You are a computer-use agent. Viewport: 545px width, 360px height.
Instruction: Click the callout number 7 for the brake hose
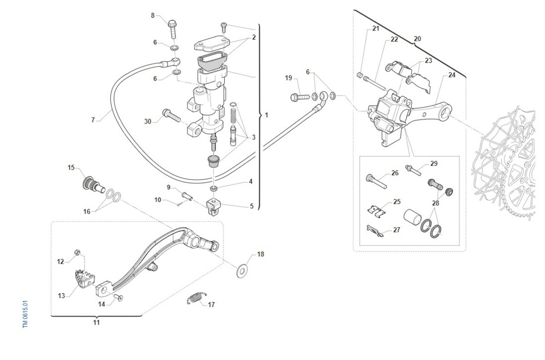pyautogui.click(x=93, y=120)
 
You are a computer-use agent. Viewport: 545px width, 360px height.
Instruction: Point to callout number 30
pyautogui.click(x=148, y=121)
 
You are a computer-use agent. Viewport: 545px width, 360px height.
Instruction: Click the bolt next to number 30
pyautogui.click(x=170, y=115)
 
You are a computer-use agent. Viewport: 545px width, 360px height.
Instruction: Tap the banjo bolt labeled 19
pyautogui.click(x=300, y=96)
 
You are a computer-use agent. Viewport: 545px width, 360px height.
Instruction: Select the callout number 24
pyautogui.click(x=451, y=75)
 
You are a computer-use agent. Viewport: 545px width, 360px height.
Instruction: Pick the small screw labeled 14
pyautogui.click(x=119, y=297)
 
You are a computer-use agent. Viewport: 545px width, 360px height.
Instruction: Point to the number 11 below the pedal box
pyautogui.click(x=96, y=323)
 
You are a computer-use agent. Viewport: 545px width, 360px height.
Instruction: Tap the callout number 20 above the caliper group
pyautogui.click(x=417, y=39)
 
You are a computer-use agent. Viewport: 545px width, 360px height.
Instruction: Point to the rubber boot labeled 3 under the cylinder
pyautogui.click(x=213, y=161)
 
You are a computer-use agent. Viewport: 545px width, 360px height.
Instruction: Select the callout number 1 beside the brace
pyautogui.click(x=267, y=115)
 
